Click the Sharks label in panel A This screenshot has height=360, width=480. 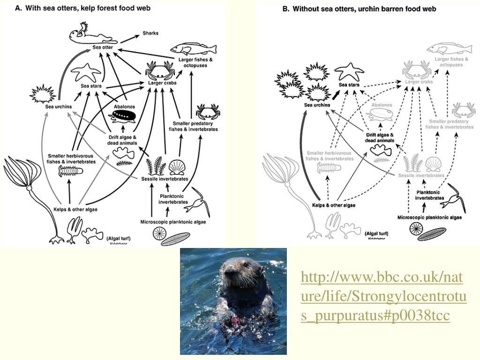click(x=150, y=33)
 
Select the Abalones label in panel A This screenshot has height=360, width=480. click(x=124, y=106)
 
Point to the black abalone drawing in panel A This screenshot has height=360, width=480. click(x=124, y=116)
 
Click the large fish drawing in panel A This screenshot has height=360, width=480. click(x=194, y=49)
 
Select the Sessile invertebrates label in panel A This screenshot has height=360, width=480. click(x=165, y=179)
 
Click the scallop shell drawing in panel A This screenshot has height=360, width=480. click(x=177, y=167)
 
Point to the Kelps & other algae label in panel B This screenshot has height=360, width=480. click(x=334, y=205)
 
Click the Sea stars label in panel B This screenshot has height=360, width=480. click(x=349, y=85)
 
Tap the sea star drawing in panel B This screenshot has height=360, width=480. click(x=347, y=71)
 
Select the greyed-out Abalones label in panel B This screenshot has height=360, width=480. click(x=382, y=105)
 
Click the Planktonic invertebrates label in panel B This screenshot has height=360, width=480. click(x=429, y=195)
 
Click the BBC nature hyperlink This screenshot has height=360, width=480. click(x=383, y=297)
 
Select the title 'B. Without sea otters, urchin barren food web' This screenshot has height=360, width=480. click(x=359, y=8)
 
